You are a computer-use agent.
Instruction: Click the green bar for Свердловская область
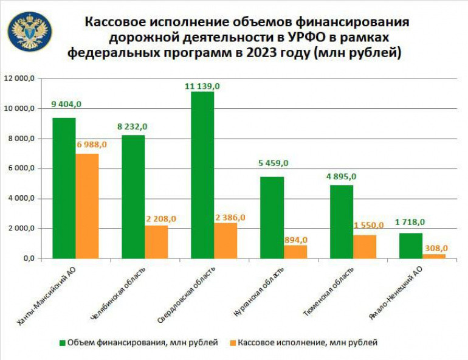tap(202, 175)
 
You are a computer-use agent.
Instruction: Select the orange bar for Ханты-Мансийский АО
tap(87, 206)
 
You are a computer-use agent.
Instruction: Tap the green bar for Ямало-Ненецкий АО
tap(411, 246)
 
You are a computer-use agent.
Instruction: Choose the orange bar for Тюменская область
tap(365, 247)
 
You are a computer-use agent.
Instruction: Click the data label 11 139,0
tap(202, 86)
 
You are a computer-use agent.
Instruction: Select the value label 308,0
tap(436, 248)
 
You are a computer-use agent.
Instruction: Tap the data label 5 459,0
tap(271, 163)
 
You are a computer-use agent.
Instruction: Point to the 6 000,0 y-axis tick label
tap(22, 168)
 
